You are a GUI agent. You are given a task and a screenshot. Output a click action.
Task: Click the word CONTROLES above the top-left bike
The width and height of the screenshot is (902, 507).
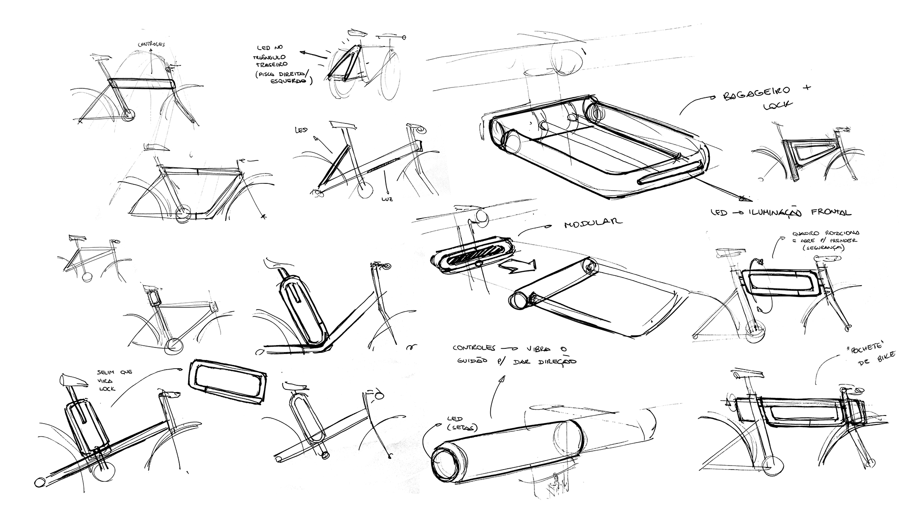point(152,45)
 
